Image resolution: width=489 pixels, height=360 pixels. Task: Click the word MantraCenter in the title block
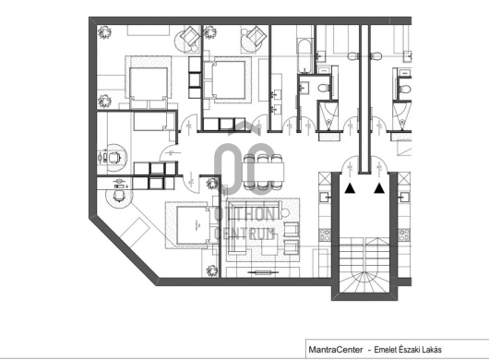[x=336, y=350]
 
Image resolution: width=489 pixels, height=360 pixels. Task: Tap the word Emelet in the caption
[x=384, y=350]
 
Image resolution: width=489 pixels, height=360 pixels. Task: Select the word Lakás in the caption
[x=432, y=350]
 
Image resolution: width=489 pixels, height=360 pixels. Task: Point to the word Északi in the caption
[x=408, y=350]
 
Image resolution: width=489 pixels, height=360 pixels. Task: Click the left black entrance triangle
[x=350, y=188]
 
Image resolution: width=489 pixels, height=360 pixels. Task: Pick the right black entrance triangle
[x=379, y=187]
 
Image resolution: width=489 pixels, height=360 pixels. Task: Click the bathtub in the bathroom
[x=304, y=55]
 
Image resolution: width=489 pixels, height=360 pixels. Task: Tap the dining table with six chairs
[x=263, y=172]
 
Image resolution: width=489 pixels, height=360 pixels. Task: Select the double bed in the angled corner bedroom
[x=191, y=225]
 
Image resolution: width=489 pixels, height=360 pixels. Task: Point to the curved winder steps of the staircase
[x=364, y=282]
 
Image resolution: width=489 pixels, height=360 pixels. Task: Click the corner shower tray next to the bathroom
[x=328, y=116]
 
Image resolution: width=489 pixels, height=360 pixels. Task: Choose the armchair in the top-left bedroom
[x=190, y=36]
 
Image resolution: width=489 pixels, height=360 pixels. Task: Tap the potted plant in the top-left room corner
[x=104, y=32]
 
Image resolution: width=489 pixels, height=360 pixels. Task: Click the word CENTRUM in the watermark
[x=244, y=233]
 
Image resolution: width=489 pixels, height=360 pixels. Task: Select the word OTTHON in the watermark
[x=244, y=215]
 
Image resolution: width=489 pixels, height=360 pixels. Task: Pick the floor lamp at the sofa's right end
[x=285, y=213]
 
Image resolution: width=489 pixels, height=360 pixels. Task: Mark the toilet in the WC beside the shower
[x=325, y=88]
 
